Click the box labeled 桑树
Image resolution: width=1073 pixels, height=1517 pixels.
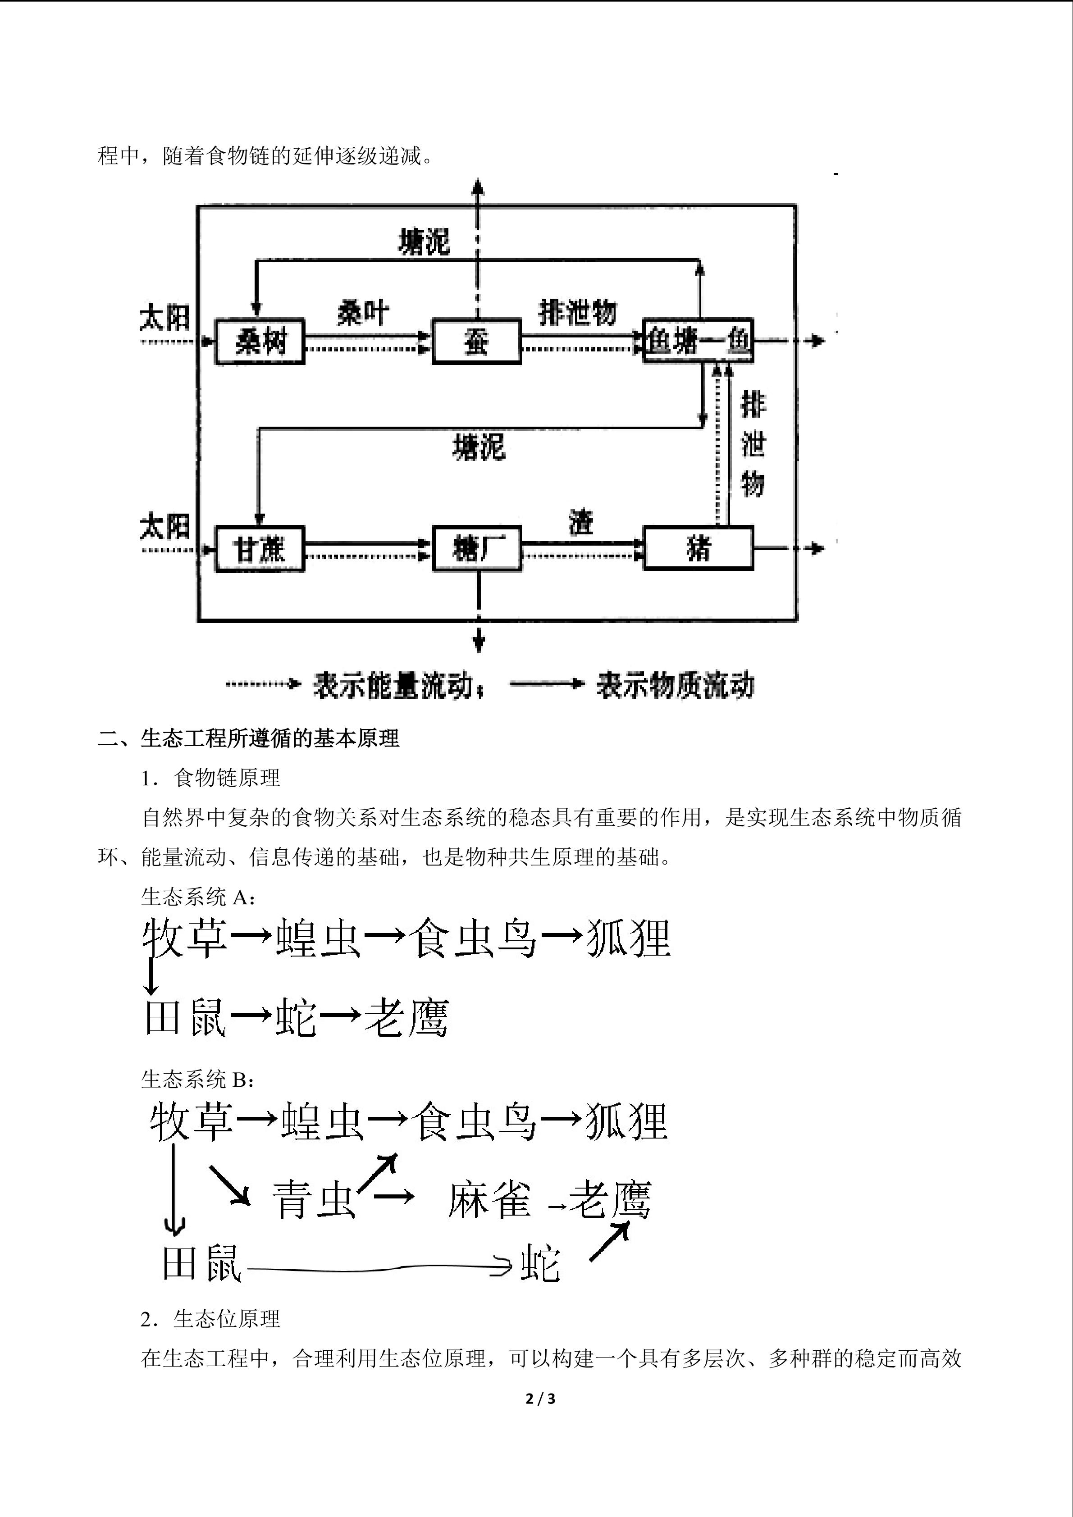(x=260, y=342)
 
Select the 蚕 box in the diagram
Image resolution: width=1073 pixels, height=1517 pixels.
(x=476, y=342)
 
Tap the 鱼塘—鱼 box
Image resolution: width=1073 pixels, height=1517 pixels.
(x=699, y=340)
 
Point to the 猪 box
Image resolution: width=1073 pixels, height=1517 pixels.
(x=699, y=548)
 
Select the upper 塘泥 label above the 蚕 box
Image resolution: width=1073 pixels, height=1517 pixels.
(x=424, y=242)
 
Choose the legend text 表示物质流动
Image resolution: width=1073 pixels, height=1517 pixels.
(x=675, y=685)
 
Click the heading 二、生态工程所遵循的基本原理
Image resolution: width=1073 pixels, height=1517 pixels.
(x=248, y=738)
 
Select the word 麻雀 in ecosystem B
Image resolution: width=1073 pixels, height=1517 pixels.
(x=489, y=1200)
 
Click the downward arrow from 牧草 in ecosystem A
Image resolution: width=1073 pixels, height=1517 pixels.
(x=151, y=976)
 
